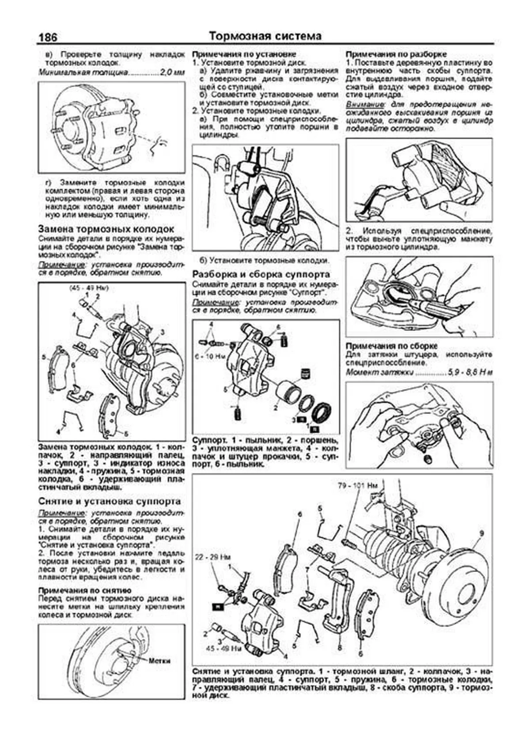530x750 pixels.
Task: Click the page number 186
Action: click(x=47, y=37)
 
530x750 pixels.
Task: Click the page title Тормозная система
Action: click(x=265, y=36)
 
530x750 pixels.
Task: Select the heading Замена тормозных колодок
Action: click(x=106, y=229)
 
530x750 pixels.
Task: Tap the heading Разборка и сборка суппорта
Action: click(x=261, y=274)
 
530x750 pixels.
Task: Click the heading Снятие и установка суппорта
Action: click(x=110, y=502)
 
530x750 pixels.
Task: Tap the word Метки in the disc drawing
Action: click(x=159, y=661)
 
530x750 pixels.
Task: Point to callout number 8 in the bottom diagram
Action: click(x=339, y=648)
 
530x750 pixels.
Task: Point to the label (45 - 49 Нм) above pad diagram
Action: click(x=89, y=288)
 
